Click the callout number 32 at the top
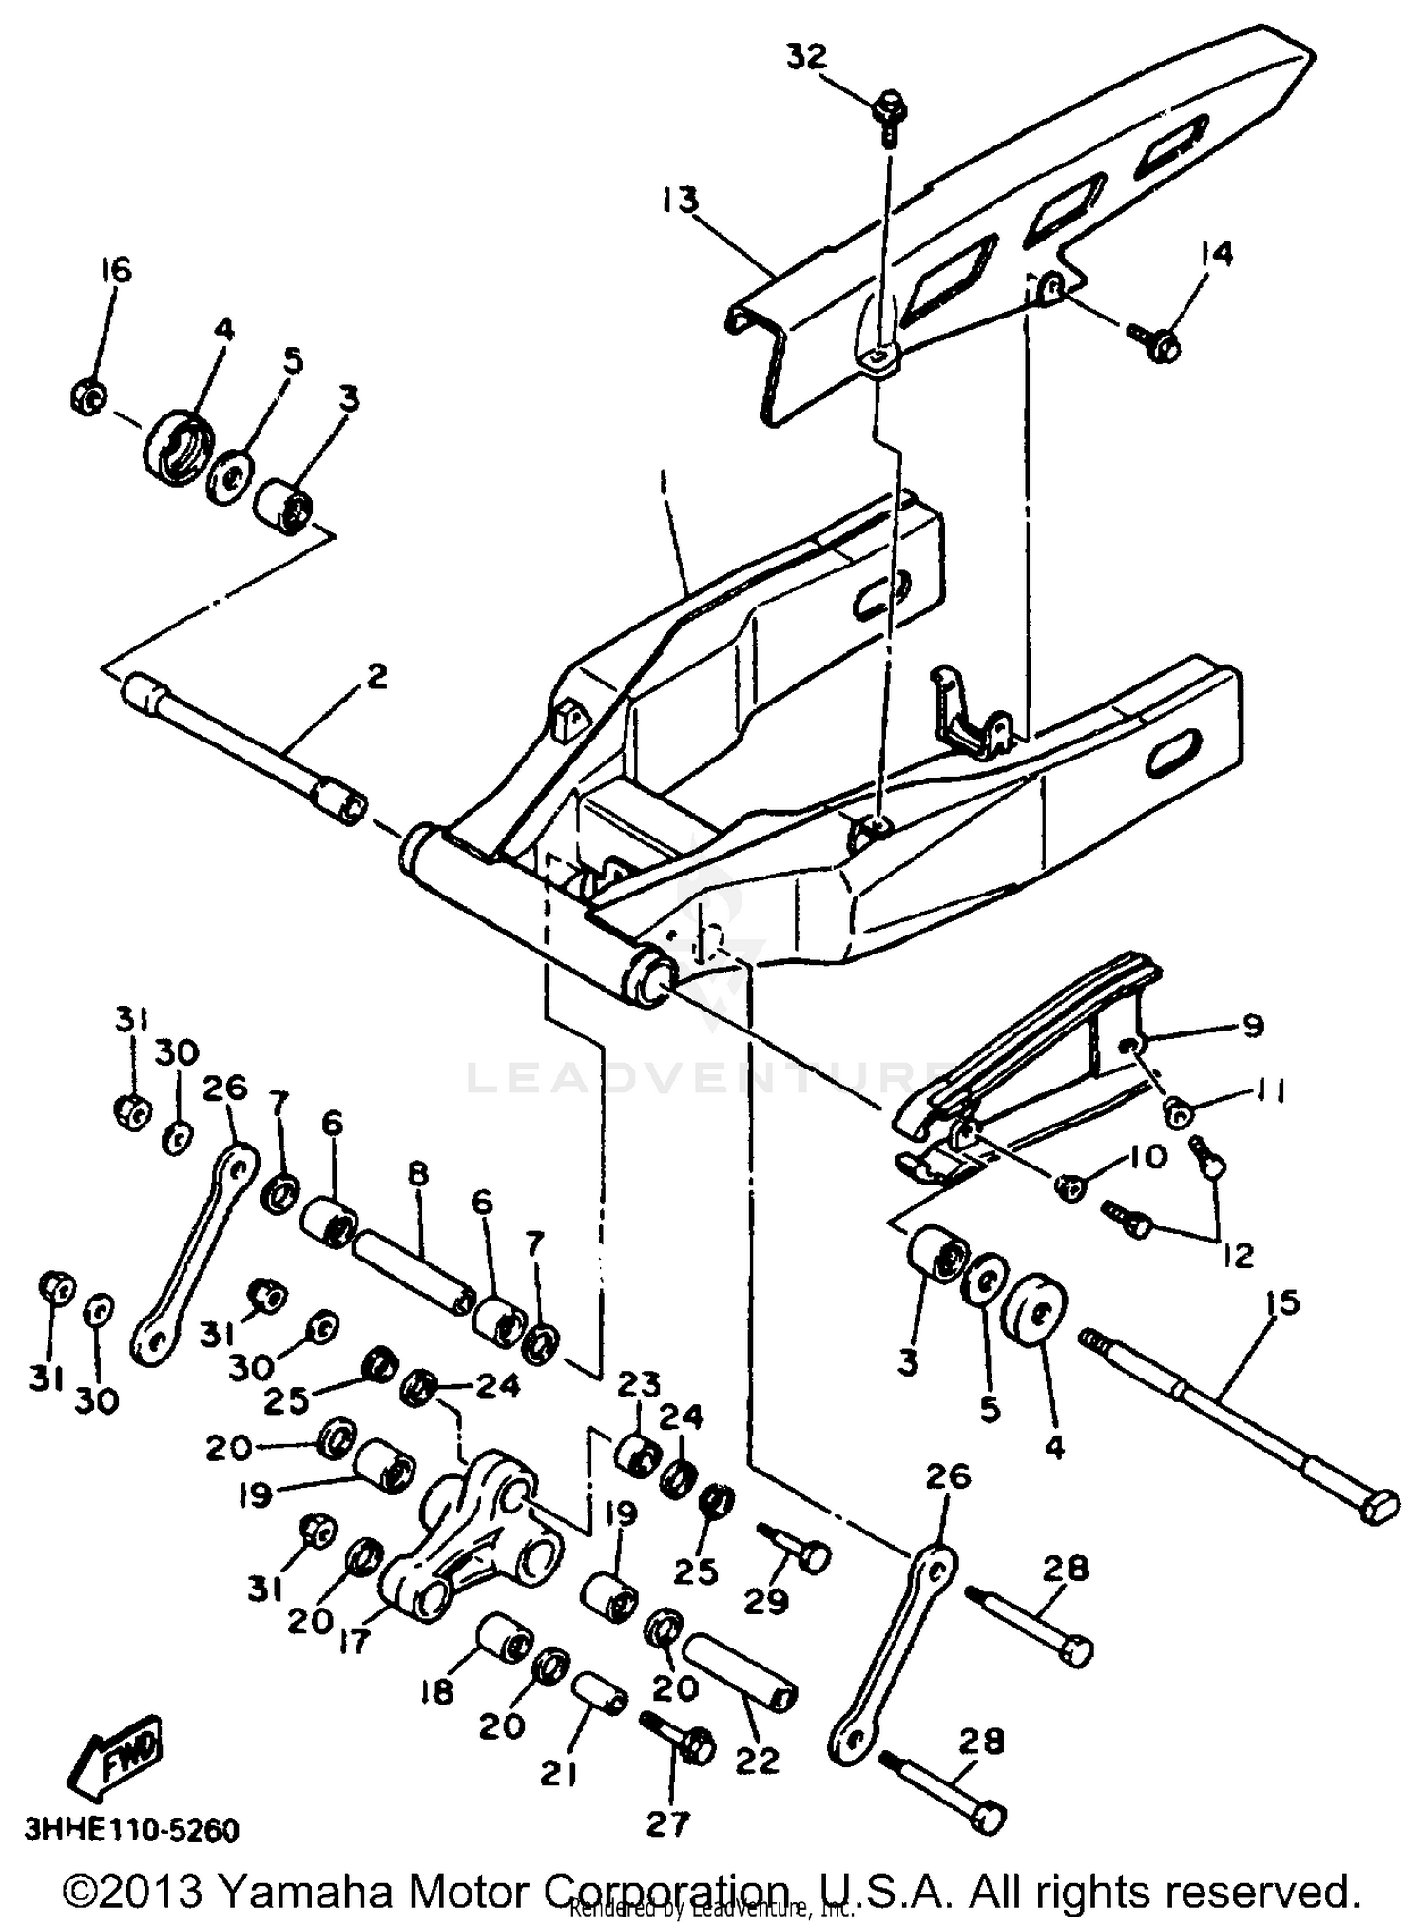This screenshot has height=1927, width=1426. point(806,57)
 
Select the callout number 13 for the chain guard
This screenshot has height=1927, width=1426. point(681,201)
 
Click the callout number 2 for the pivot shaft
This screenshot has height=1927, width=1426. point(376,677)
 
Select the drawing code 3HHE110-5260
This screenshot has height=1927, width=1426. point(131,1830)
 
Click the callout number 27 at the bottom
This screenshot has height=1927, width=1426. point(666,1823)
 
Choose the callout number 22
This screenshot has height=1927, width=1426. point(757,1760)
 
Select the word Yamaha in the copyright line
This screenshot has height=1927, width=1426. point(306,1892)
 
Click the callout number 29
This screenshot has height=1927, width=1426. point(765,1601)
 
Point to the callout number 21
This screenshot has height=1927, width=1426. point(558,1773)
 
